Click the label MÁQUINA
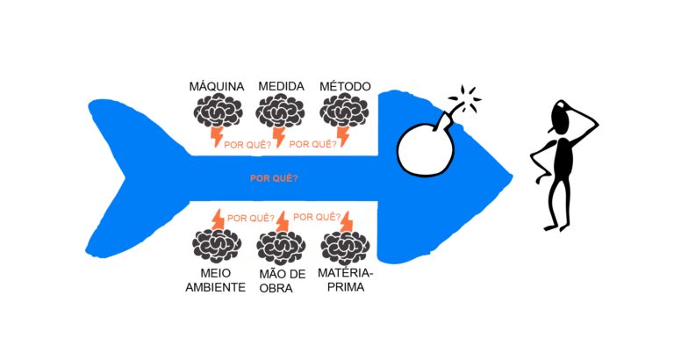click(217, 86)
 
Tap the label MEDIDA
click(281, 86)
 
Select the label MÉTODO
click(345, 86)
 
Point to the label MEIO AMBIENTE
click(215, 280)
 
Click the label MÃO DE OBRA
click(282, 281)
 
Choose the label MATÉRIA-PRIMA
click(346, 279)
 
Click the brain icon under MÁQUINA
click(218, 111)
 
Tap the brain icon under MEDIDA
click(280, 111)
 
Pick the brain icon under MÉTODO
click(344, 111)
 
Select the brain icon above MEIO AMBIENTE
click(217, 246)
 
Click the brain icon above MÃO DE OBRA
click(281, 248)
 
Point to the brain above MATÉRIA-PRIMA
click(345, 248)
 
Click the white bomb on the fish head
click(425, 149)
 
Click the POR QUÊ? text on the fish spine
click(274, 178)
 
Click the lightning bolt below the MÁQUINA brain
click(216, 137)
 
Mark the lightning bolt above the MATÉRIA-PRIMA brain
click(347, 221)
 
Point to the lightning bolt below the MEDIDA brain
click(279, 137)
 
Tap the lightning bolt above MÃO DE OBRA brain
click(283, 221)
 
